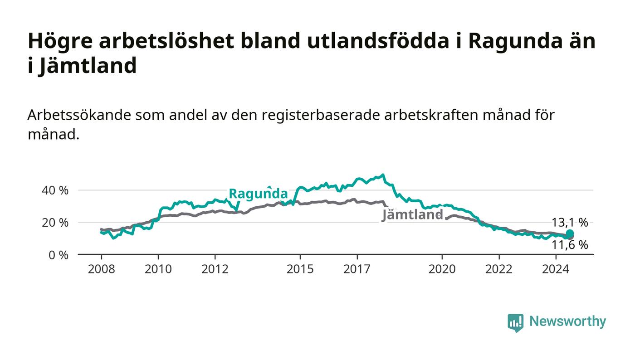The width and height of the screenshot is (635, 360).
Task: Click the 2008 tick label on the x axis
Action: [x=101, y=269]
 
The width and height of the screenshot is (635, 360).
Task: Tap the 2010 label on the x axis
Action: [x=158, y=269]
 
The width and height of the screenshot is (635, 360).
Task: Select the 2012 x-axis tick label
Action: [x=215, y=269]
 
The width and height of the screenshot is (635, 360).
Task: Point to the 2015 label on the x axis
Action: [x=300, y=269]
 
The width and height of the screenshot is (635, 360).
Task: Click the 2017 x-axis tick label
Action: [x=357, y=269]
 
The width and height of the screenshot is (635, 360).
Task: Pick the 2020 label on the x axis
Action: [x=442, y=269]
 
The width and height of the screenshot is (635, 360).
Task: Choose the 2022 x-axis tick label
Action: [x=499, y=269]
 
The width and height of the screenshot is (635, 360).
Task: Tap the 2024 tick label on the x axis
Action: [x=556, y=269]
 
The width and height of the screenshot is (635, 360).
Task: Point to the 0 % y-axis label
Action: [x=59, y=255]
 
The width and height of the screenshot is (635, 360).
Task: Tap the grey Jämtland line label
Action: [x=412, y=214]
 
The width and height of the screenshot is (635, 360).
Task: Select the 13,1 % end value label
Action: [x=570, y=223]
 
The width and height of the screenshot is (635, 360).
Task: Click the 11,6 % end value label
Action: [x=570, y=245]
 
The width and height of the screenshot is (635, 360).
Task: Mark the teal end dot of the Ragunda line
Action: [x=570, y=234]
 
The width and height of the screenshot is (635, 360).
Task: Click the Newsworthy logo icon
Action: [x=516, y=323]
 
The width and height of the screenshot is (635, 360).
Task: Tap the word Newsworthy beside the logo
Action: [x=568, y=321]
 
